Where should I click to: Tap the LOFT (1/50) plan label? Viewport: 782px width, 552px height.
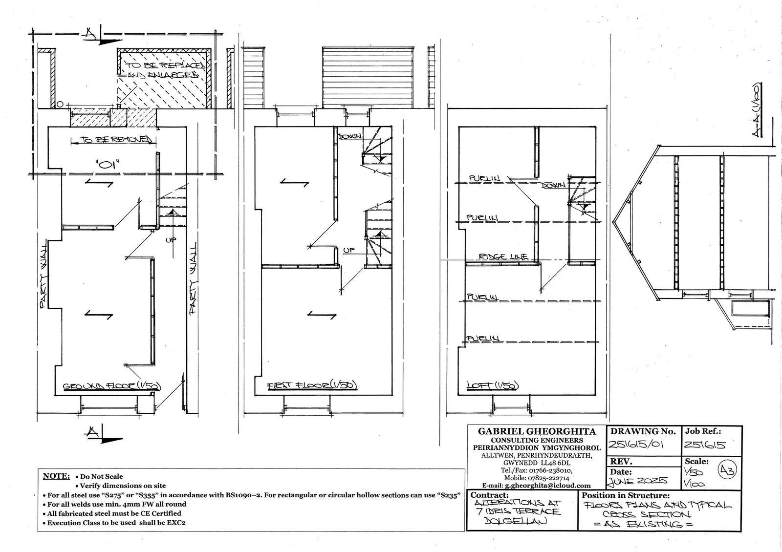[x=492, y=385]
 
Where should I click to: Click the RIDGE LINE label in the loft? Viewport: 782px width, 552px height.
[x=503, y=256]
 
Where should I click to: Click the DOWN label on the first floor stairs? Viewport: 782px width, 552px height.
[x=350, y=136]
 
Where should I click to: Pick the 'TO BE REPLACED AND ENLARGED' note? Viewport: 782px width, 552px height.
[x=162, y=70]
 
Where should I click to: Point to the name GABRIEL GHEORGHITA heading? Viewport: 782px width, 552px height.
[x=536, y=432]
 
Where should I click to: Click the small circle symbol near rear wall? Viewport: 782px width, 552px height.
[x=59, y=104]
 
